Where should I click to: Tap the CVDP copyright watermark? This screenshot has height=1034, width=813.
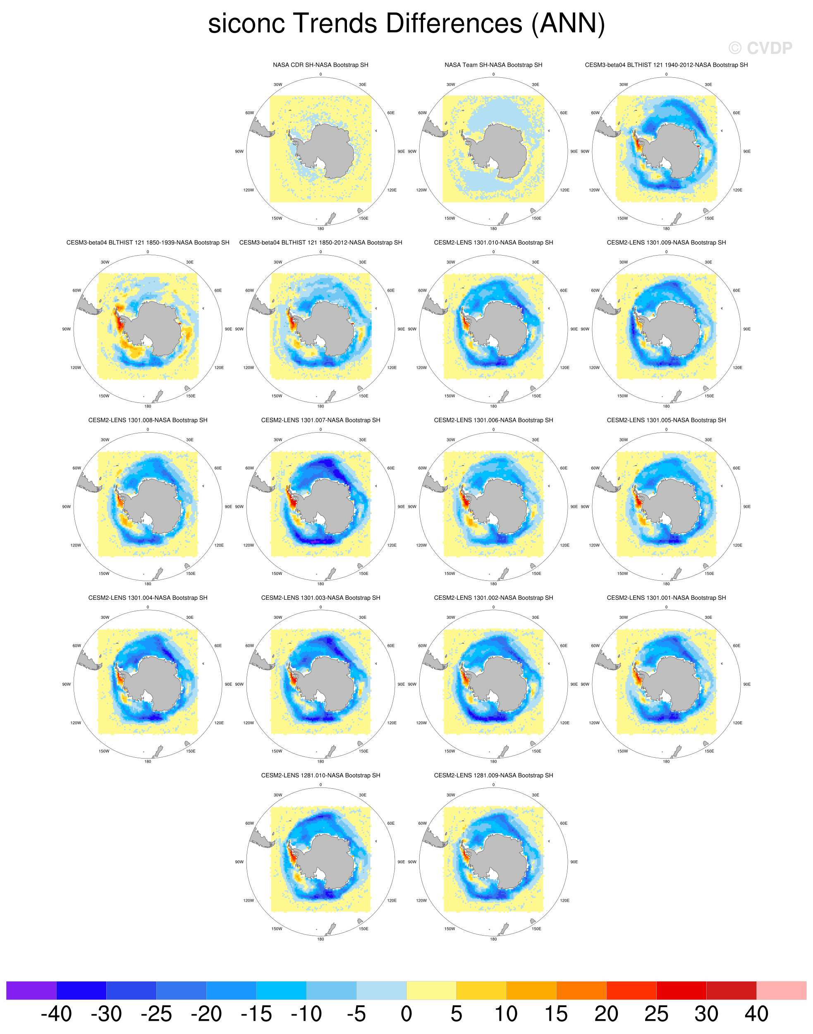pos(760,48)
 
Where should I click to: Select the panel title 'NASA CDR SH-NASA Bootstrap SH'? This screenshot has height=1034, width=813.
pos(320,65)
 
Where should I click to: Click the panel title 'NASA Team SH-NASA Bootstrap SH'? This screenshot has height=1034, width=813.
pos(493,65)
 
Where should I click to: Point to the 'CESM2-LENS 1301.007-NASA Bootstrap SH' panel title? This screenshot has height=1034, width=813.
pos(320,420)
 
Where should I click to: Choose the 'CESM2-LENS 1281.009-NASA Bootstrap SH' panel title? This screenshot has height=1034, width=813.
pos(493,775)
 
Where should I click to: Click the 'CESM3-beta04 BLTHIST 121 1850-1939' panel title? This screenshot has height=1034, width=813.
pos(148,242)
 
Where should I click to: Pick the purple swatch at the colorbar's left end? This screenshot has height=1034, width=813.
pos(31,990)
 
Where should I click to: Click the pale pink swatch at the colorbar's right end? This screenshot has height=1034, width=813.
pos(781,990)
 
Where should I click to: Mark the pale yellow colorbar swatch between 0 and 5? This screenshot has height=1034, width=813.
pos(431,990)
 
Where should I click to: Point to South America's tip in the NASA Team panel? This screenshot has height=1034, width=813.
pos(434,128)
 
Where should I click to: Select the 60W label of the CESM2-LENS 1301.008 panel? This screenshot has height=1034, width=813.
pos(77,468)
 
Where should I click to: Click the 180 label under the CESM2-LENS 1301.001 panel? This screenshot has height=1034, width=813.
pos(666,761)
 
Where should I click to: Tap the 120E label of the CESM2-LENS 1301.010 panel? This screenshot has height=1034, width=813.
pos(564,368)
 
